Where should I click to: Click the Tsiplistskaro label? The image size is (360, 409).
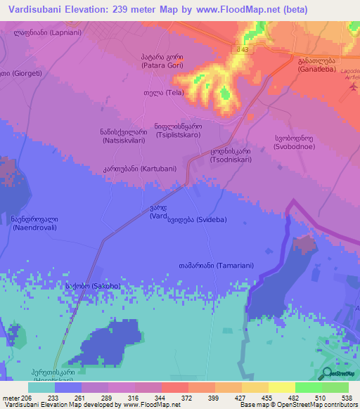[x=178, y=130]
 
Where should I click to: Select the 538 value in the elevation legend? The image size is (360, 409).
[x=347, y=397]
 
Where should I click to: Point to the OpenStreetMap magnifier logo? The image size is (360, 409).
[x=326, y=373]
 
